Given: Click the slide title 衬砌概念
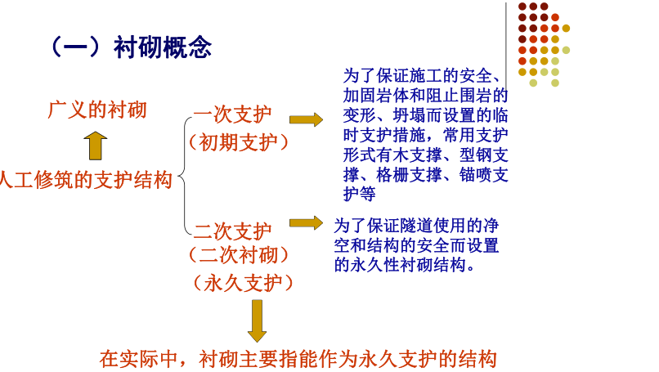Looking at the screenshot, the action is (163, 47).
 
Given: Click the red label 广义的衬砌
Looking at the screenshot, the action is (97, 110).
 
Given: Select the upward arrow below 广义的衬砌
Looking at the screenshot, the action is (96, 146).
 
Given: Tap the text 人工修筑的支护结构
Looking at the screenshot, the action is (86, 180).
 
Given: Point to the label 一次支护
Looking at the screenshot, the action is (232, 114).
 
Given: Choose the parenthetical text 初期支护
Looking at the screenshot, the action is (239, 142).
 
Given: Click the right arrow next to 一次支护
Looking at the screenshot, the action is (306, 120).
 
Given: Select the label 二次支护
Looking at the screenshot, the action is (232, 231).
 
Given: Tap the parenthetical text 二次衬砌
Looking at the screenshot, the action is (239, 255).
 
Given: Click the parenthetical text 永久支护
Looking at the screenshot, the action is (244, 282).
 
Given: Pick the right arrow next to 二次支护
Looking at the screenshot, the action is (306, 222).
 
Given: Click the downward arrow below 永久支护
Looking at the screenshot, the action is (257, 320).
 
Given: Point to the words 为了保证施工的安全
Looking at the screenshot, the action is (417, 76).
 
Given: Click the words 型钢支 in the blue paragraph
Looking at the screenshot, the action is (484, 155).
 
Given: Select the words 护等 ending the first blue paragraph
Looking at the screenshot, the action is (359, 195).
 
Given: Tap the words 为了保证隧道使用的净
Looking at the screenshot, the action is (416, 226).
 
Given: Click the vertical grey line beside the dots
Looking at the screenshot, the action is (505, 47).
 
